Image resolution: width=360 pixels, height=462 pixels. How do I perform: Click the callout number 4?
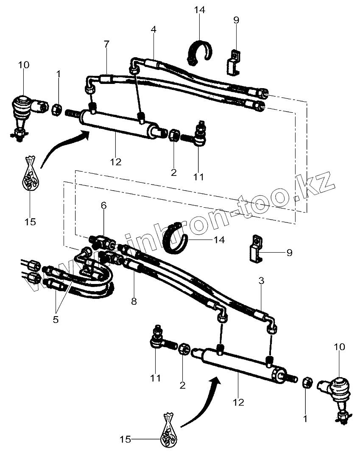click(153, 30)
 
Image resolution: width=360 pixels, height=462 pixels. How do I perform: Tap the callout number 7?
click(106, 44)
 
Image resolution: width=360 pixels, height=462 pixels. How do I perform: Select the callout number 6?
click(103, 206)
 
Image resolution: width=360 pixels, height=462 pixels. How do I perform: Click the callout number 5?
click(56, 319)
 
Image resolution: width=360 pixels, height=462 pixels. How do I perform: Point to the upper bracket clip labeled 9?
click(233, 61)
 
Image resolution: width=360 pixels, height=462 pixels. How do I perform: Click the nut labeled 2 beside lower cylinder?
click(183, 350)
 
